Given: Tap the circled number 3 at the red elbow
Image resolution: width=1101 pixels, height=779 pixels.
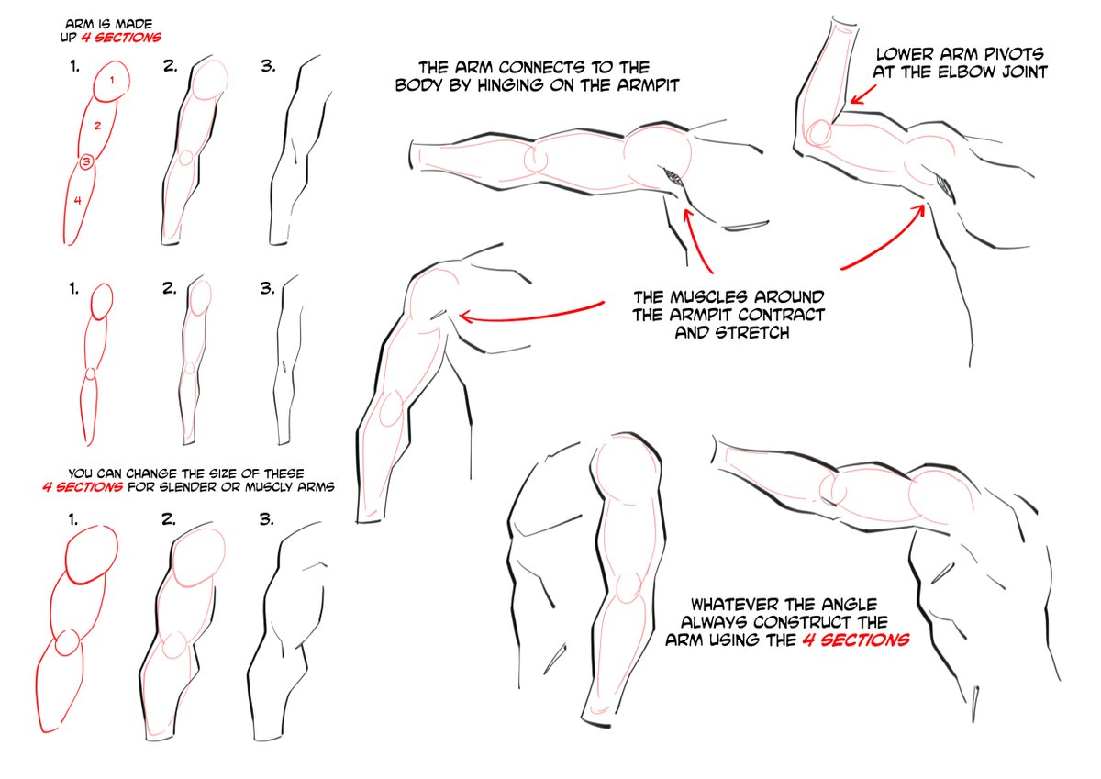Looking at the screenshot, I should (x=86, y=162).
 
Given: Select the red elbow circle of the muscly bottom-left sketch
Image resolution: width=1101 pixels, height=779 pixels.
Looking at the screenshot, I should (x=66, y=643).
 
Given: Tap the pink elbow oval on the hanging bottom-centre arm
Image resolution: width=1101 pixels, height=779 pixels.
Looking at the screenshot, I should (x=627, y=588).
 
